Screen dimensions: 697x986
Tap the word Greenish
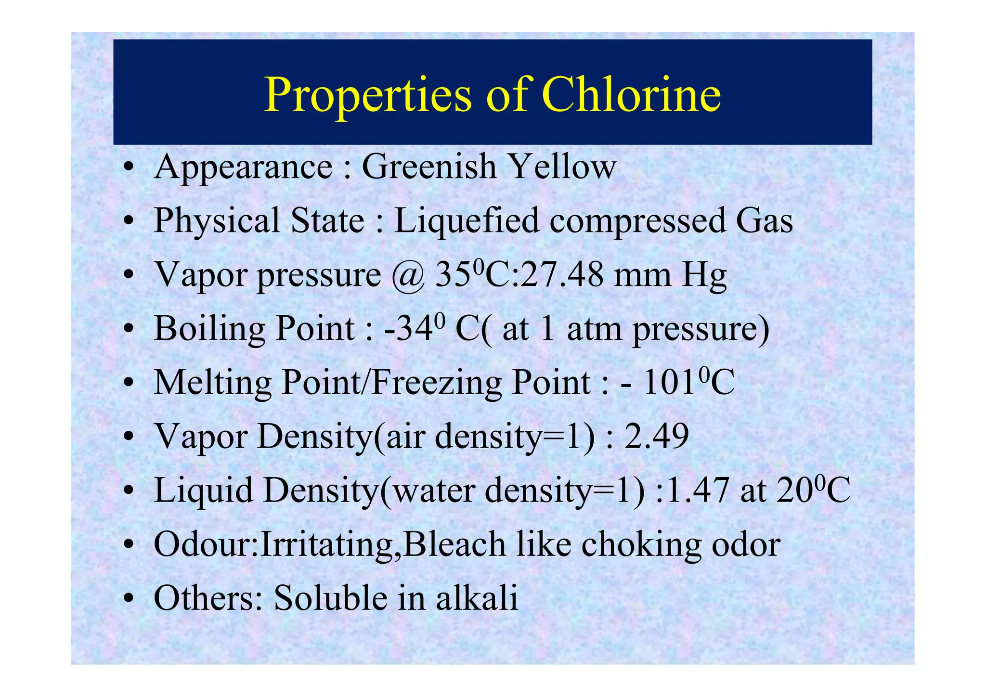pyautogui.click(x=429, y=167)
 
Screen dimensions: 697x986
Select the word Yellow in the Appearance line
pyautogui.click(x=562, y=167)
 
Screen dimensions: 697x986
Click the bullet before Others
pyautogui.click(x=128, y=600)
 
